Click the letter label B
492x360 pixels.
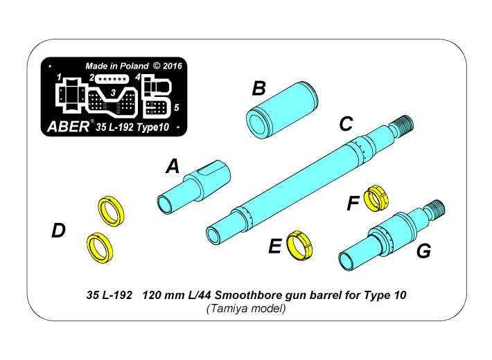tap(258, 89)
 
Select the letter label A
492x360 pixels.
tap(172, 166)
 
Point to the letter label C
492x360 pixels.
tap(346, 125)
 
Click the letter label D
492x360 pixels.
tap(59, 231)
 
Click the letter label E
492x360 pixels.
tap(275, 246)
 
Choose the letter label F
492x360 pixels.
tap(353, 204)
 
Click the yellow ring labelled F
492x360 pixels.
tap(376, 197)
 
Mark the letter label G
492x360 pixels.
tap(423, 251)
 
